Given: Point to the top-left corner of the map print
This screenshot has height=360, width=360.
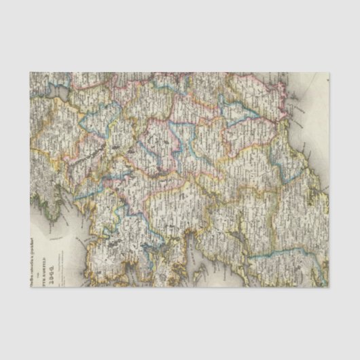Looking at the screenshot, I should tap(30, 73).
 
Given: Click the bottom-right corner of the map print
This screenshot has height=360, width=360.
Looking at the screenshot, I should tap(329, 286).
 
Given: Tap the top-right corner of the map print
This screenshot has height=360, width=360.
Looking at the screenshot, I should tap(329, 73).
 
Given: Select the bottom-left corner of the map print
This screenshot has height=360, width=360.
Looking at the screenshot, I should tap(30, 286).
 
